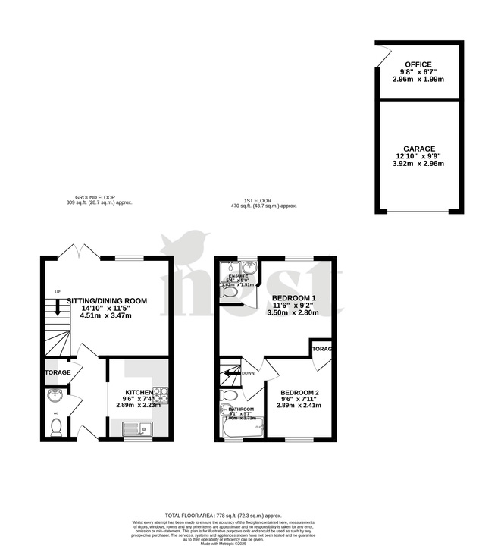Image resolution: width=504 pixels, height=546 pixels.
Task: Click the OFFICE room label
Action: point(418,64)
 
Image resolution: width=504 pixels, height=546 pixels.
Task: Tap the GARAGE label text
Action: point(418,149)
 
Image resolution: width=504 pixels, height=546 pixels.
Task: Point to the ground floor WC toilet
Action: point(55,428)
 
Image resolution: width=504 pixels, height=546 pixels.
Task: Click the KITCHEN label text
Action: point(139,392)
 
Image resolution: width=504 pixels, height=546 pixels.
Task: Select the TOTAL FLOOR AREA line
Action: point(252,513)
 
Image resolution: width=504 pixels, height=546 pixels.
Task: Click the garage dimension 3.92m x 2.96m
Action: point(418,163)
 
